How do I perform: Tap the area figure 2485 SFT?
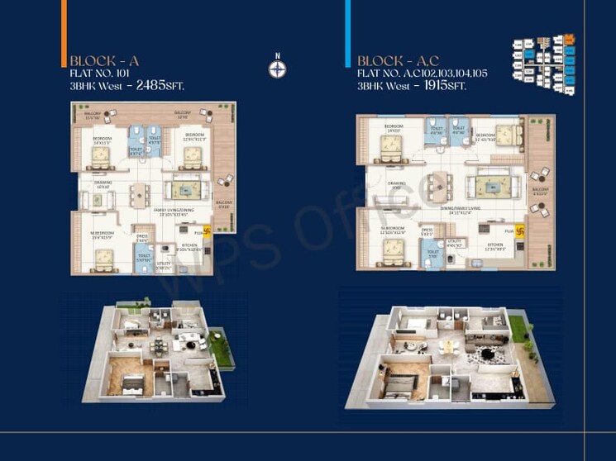click(x=160, y=84)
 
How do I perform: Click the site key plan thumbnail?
click(x=544, y=58)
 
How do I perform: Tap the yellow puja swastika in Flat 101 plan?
click(x=207, y=233)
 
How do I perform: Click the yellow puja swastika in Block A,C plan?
click(x=520, y=232)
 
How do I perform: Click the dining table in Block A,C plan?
click(x=434, y=183)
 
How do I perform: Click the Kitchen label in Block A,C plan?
click(x=495, y=245)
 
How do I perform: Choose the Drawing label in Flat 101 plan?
click(x=104, y=184)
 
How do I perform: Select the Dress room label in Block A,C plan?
click(x=427, y=230)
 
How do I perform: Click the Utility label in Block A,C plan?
click(x=452, y=243)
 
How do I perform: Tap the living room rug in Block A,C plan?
click(x=493, y=186)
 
